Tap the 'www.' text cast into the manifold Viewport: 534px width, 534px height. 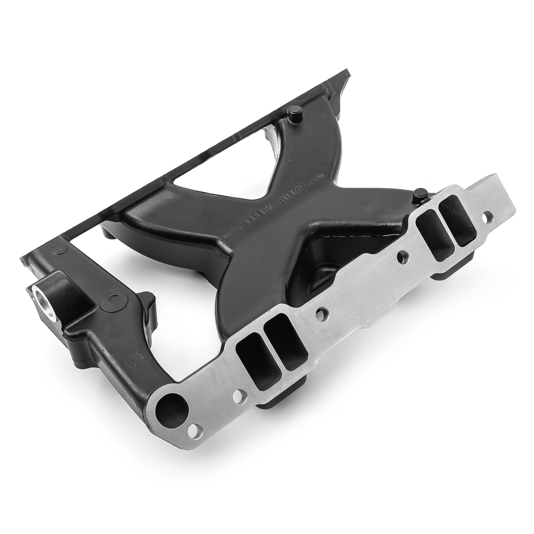[x=230, y=232]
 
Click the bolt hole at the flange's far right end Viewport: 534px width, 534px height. [x=490, y=214]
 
